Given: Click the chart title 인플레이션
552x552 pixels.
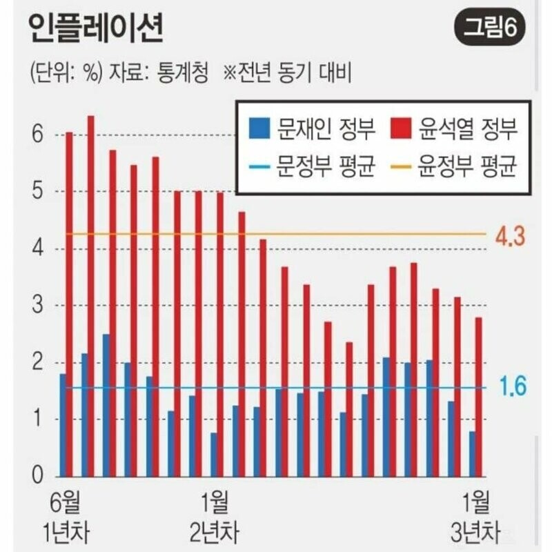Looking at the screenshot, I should (x=97, y=28).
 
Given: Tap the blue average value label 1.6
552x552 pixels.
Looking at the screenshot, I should (x=511, y=388).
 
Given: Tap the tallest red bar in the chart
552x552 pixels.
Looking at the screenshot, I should (x=91, y=297).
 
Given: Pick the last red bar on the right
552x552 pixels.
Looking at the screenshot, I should (x=478, y=397).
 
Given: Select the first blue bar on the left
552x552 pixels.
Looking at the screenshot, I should (x=63, y=424).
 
